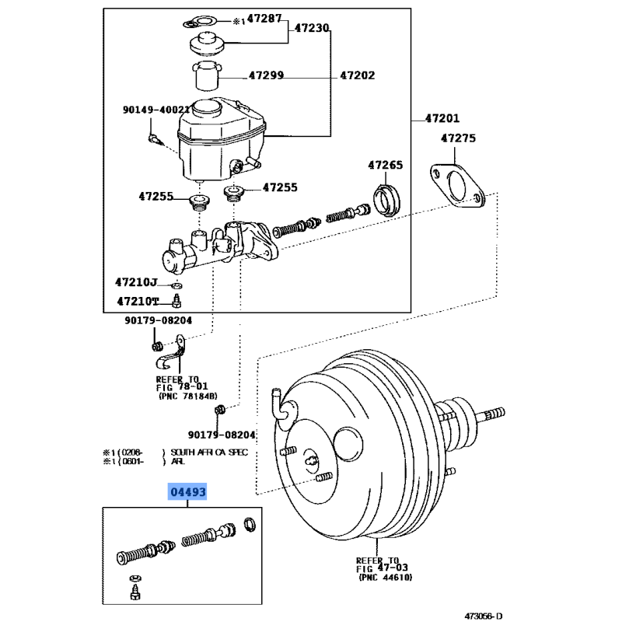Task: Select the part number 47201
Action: pos(442,119)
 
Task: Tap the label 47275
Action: pos(459,138)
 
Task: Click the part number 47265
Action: pos(386,165)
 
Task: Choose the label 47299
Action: pos(266,76)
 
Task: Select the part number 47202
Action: pos(357,76)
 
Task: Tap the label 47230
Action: pos(312,28)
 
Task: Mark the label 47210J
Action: pos(137,282)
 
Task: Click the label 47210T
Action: pos(138,301)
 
